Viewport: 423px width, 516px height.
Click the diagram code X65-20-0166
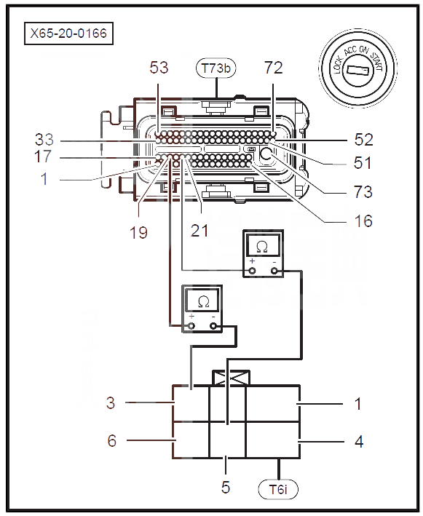tap(68, 33)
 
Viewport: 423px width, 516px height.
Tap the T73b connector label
tap(216, 68)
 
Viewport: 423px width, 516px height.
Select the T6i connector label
tap(278, 489)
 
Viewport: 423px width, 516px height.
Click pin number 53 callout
tap(159, 68)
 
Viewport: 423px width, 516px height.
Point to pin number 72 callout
tap(274, 68)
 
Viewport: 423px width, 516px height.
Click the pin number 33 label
tap(44, 140)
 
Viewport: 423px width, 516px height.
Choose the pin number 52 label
tap(364, 140)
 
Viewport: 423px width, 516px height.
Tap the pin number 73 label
tap(363, 192)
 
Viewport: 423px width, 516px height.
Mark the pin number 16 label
tap(363, 221)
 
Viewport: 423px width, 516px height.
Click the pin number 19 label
tap(138, 233)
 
